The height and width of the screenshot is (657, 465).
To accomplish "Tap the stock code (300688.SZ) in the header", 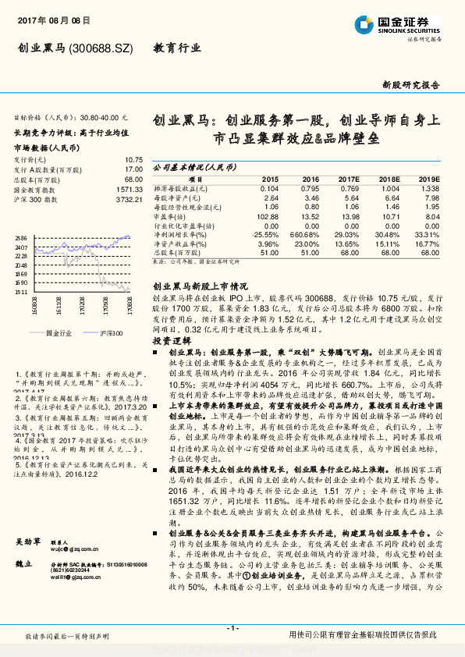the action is (101, 49).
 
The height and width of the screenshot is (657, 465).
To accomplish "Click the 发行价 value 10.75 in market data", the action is (133, 158).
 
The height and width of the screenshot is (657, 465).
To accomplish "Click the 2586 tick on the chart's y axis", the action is (21, 237).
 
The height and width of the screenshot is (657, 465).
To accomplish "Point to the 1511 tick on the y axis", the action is (21, 292).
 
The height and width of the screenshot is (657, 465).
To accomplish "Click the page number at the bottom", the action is (232, 627).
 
